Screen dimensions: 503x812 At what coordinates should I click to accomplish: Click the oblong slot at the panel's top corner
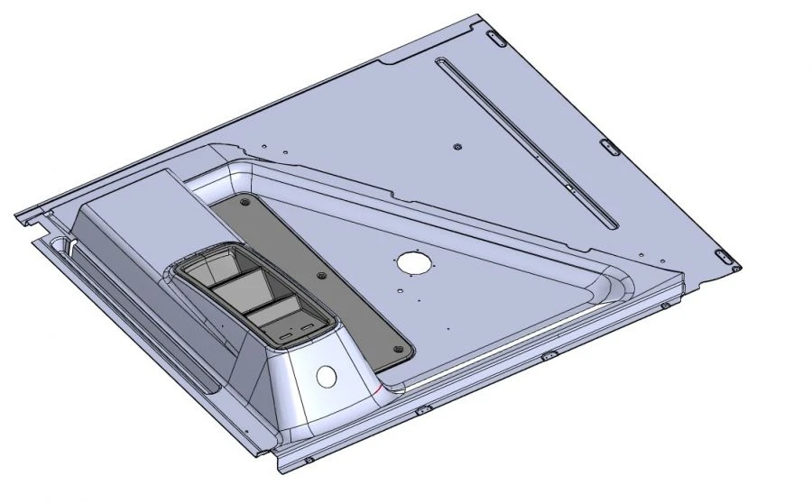494,38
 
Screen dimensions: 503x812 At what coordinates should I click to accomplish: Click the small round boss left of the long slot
457,146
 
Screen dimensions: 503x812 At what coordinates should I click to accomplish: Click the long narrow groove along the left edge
135,316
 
